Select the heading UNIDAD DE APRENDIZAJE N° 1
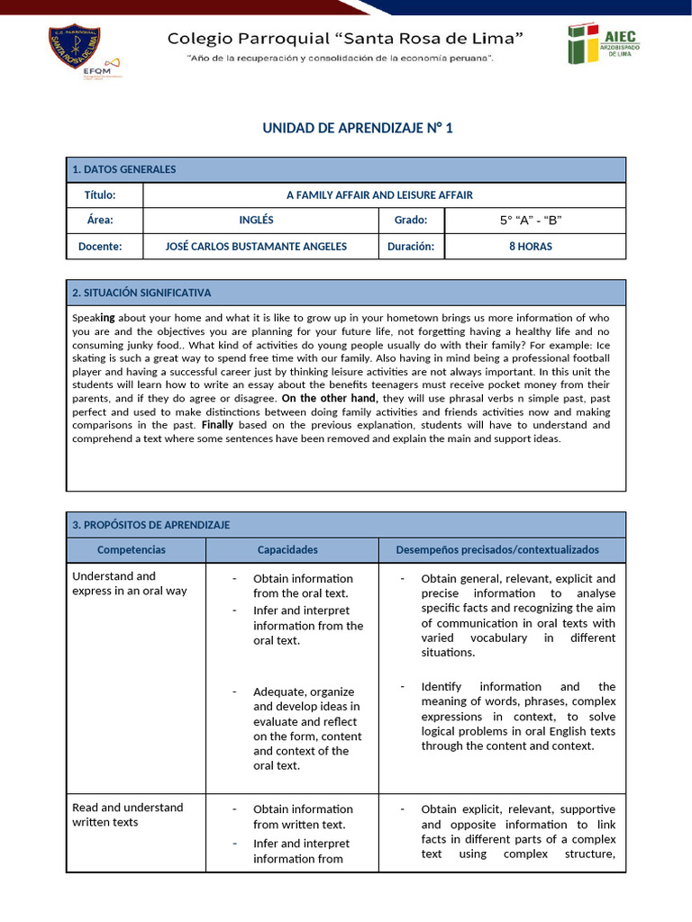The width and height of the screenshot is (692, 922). [358, 129]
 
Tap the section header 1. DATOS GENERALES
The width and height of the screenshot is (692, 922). [124, 169]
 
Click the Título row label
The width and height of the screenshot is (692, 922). [100, 195]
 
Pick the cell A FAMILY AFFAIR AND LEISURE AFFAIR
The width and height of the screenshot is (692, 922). [379, 195]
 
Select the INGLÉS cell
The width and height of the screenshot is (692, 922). [257, 221]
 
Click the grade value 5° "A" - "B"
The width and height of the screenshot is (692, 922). [531, 221]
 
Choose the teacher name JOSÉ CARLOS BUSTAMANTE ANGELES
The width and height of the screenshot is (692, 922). [257, 247]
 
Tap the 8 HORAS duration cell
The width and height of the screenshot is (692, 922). [531, 247]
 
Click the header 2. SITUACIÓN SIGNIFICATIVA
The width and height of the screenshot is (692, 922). [141, 293]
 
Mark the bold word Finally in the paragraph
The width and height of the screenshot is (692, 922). [217, 425]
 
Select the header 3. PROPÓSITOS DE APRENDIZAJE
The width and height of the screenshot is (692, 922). [151, 525]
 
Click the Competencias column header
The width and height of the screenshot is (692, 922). [132, 550]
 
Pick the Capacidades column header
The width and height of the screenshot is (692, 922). [287, 550]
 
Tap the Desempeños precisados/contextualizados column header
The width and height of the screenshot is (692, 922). [497, 550]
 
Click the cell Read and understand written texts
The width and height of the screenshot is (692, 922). [127, 815]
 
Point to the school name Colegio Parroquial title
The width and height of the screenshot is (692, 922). [346, 39]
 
